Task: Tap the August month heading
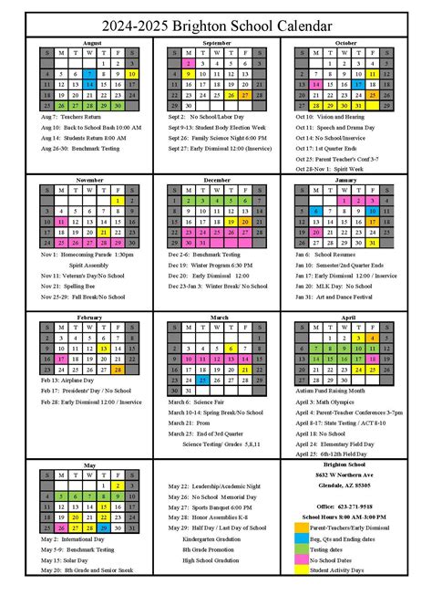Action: pos(91,42)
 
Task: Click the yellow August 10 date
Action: pos(133,74)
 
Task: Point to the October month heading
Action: pos(345,42)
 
